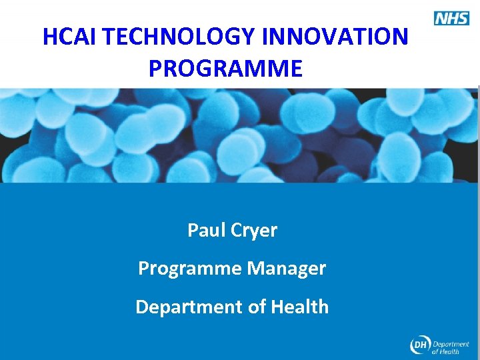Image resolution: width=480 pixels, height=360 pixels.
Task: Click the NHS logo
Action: tap(451, 18)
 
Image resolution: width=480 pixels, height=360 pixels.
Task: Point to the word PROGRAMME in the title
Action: tap(225, 68)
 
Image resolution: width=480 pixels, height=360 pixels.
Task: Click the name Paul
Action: tap(207, 231)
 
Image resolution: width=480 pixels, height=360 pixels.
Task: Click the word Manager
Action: tap(287, 269)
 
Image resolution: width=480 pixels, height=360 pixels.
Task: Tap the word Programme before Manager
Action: tap(190, 269)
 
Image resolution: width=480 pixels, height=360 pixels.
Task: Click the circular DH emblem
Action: tap(420, 345)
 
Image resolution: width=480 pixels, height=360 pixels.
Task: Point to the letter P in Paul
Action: tap(193, 231)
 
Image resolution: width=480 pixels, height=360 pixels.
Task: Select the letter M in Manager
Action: tap(255, 269)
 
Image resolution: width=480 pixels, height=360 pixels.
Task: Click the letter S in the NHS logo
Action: tap(463, 18)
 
